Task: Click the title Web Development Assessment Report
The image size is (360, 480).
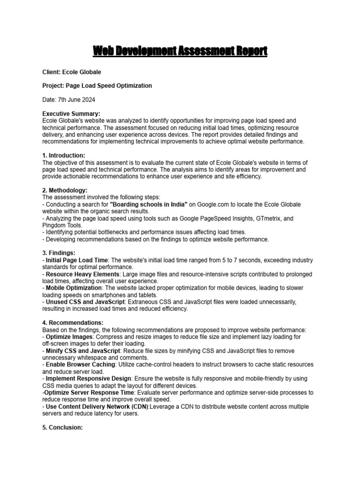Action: click(x=180, y=51)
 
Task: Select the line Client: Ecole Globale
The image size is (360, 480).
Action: click(x=72, y=72)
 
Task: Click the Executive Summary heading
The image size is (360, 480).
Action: click(x=71, y=114)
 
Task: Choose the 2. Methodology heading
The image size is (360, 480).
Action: click(x=65, y=190)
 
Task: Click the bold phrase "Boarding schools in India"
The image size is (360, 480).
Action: click(x=149, y=204)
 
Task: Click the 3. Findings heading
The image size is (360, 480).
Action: click(x=59, y=253)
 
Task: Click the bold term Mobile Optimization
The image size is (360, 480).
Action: click(x=74, y=287)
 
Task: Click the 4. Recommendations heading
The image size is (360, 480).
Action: click(x=73, y=322)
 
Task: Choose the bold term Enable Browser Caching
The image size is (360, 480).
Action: click(x=80, y=364)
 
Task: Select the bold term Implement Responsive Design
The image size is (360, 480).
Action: click(x=89, y=378)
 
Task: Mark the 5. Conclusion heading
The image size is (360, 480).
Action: click(x=63, y=427)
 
